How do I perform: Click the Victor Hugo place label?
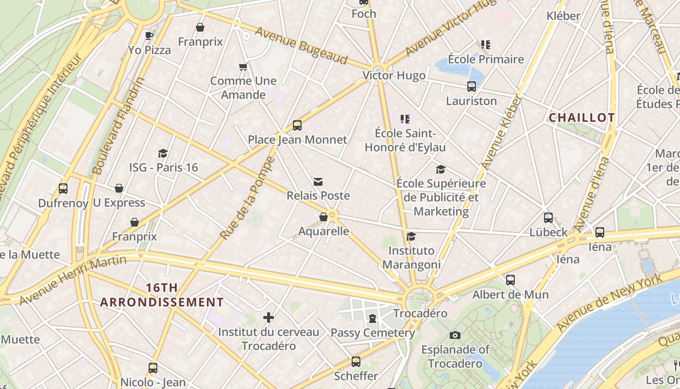coord(394,76)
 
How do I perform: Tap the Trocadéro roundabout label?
coord(420,313)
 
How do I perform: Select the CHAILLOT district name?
coord(581,118)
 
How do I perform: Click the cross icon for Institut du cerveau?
coord(269,318)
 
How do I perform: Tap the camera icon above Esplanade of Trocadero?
coord(455,335)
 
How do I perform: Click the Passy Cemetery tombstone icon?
coord(373,318)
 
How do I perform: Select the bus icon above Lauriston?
coord(471,87)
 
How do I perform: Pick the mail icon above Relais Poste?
coord(318,182)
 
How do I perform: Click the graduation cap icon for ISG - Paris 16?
coord(163,153)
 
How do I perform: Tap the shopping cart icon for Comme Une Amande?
coord(243,67)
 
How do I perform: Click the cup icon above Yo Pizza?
coord(149,35)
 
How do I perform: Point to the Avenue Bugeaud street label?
coord(301,45)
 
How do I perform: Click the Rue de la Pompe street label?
coord(248,198)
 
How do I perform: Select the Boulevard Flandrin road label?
coord(119,126)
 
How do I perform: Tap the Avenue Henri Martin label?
coord(73,280)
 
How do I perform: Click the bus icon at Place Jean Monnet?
coord(297,126)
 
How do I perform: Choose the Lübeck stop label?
coord(548,232)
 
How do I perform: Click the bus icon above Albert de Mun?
coord(510,280)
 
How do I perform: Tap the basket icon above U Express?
coord(119,188)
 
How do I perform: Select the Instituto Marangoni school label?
coord(411,258)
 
